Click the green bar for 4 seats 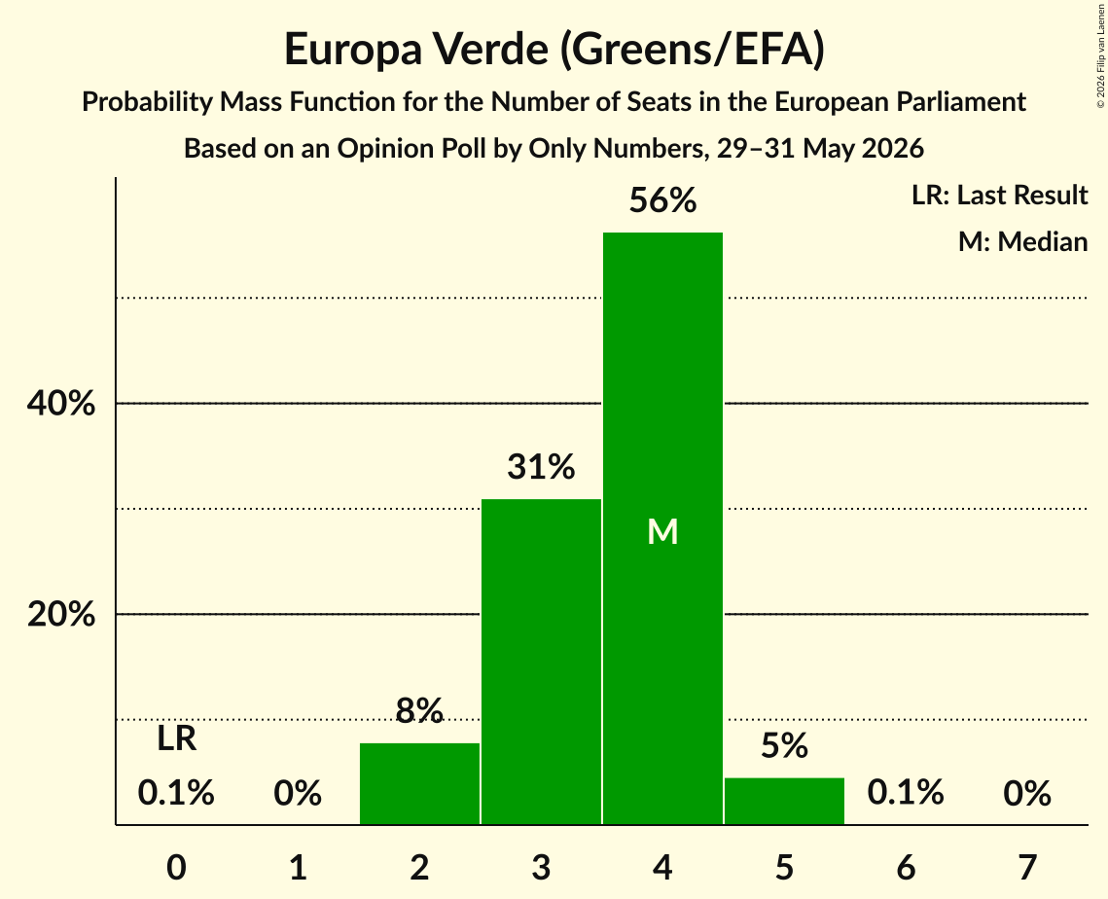[x=662, y=528]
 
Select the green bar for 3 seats [x=541, y=662]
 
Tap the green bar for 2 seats [x=419, y=783]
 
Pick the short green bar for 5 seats [x=784, y=801]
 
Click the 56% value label [x=662, y=200]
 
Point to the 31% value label [x=541, y=467]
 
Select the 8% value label [x=419, y=710]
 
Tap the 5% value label [x=784, y=745]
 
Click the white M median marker [x=662, y=531]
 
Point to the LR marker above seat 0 [x=177, y=738]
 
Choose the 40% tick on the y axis [x=60, y=404]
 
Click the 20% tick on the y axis [x=60, y=614]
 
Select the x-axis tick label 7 [x=1027, y=867]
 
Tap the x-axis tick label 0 [x=177, y=867]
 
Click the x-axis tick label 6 [x=906, y=867]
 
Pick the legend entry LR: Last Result [x=999, y=195]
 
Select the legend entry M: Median [x=1022, y=241]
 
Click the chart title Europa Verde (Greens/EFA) [x=554, y=50]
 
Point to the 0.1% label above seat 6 [x=906, y=792]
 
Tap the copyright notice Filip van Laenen [x=1100, y=55]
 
